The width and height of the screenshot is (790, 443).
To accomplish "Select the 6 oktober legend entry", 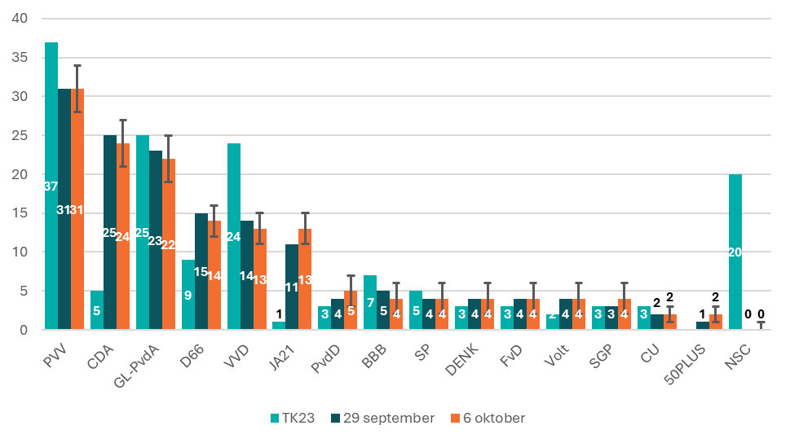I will coord(490,418).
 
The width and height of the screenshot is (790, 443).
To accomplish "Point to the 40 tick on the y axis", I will coord(19,18).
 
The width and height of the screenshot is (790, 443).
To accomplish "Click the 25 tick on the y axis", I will coord(19,135).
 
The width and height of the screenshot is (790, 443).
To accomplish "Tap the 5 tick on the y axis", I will coord(23,291).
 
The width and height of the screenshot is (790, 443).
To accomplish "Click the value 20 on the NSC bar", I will coord(734,252).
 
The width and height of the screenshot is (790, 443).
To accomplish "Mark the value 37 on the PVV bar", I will coord(51,186).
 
